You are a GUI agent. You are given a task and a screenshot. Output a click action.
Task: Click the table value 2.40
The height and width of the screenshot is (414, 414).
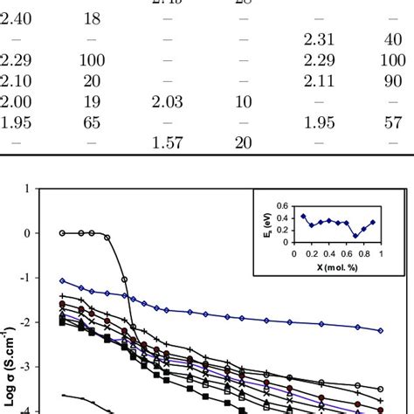[17, 18]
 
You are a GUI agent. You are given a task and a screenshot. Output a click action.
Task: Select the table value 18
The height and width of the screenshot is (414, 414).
[92, 18]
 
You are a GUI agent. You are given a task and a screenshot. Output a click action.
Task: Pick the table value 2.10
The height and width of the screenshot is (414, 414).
[17, 80]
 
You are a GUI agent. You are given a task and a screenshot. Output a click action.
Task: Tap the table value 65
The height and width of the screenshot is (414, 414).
[92, 122]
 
